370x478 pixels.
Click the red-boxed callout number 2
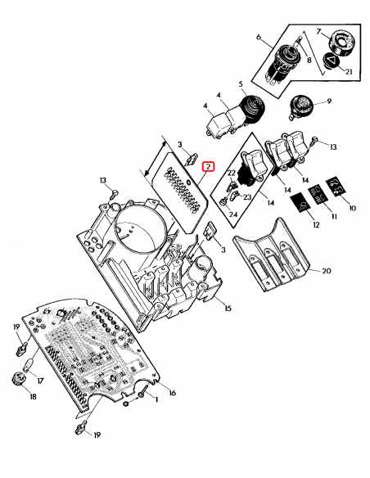(209, 167)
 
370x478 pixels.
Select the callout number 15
(228, 308)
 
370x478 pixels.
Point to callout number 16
(172, 394)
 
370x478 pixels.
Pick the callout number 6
(259, 38)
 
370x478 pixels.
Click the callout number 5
(241, 84)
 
